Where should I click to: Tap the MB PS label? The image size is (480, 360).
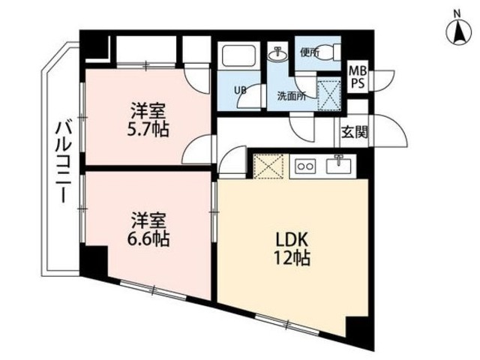pos(358,76)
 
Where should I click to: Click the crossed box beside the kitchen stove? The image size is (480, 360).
pos(267,166)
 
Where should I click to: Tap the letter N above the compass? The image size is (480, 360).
pos(457,12)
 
